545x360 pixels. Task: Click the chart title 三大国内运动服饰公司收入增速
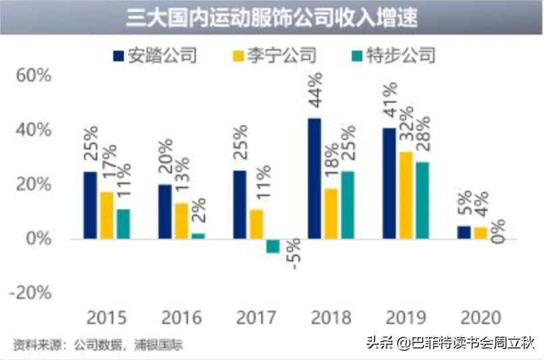coord(272,17)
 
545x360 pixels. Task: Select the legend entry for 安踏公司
coord(155,54)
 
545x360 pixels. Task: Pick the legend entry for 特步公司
coord(393,54)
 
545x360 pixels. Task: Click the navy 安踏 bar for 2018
coord(314,178)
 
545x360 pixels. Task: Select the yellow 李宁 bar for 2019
coord(405,195)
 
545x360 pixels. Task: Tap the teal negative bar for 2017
coord(272,245)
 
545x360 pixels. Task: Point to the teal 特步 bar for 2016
coord(198,236)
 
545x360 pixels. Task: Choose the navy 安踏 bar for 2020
coord(464,232)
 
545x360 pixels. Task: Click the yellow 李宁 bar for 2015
coord(107,215)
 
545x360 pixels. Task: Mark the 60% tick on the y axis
coord(34,75)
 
